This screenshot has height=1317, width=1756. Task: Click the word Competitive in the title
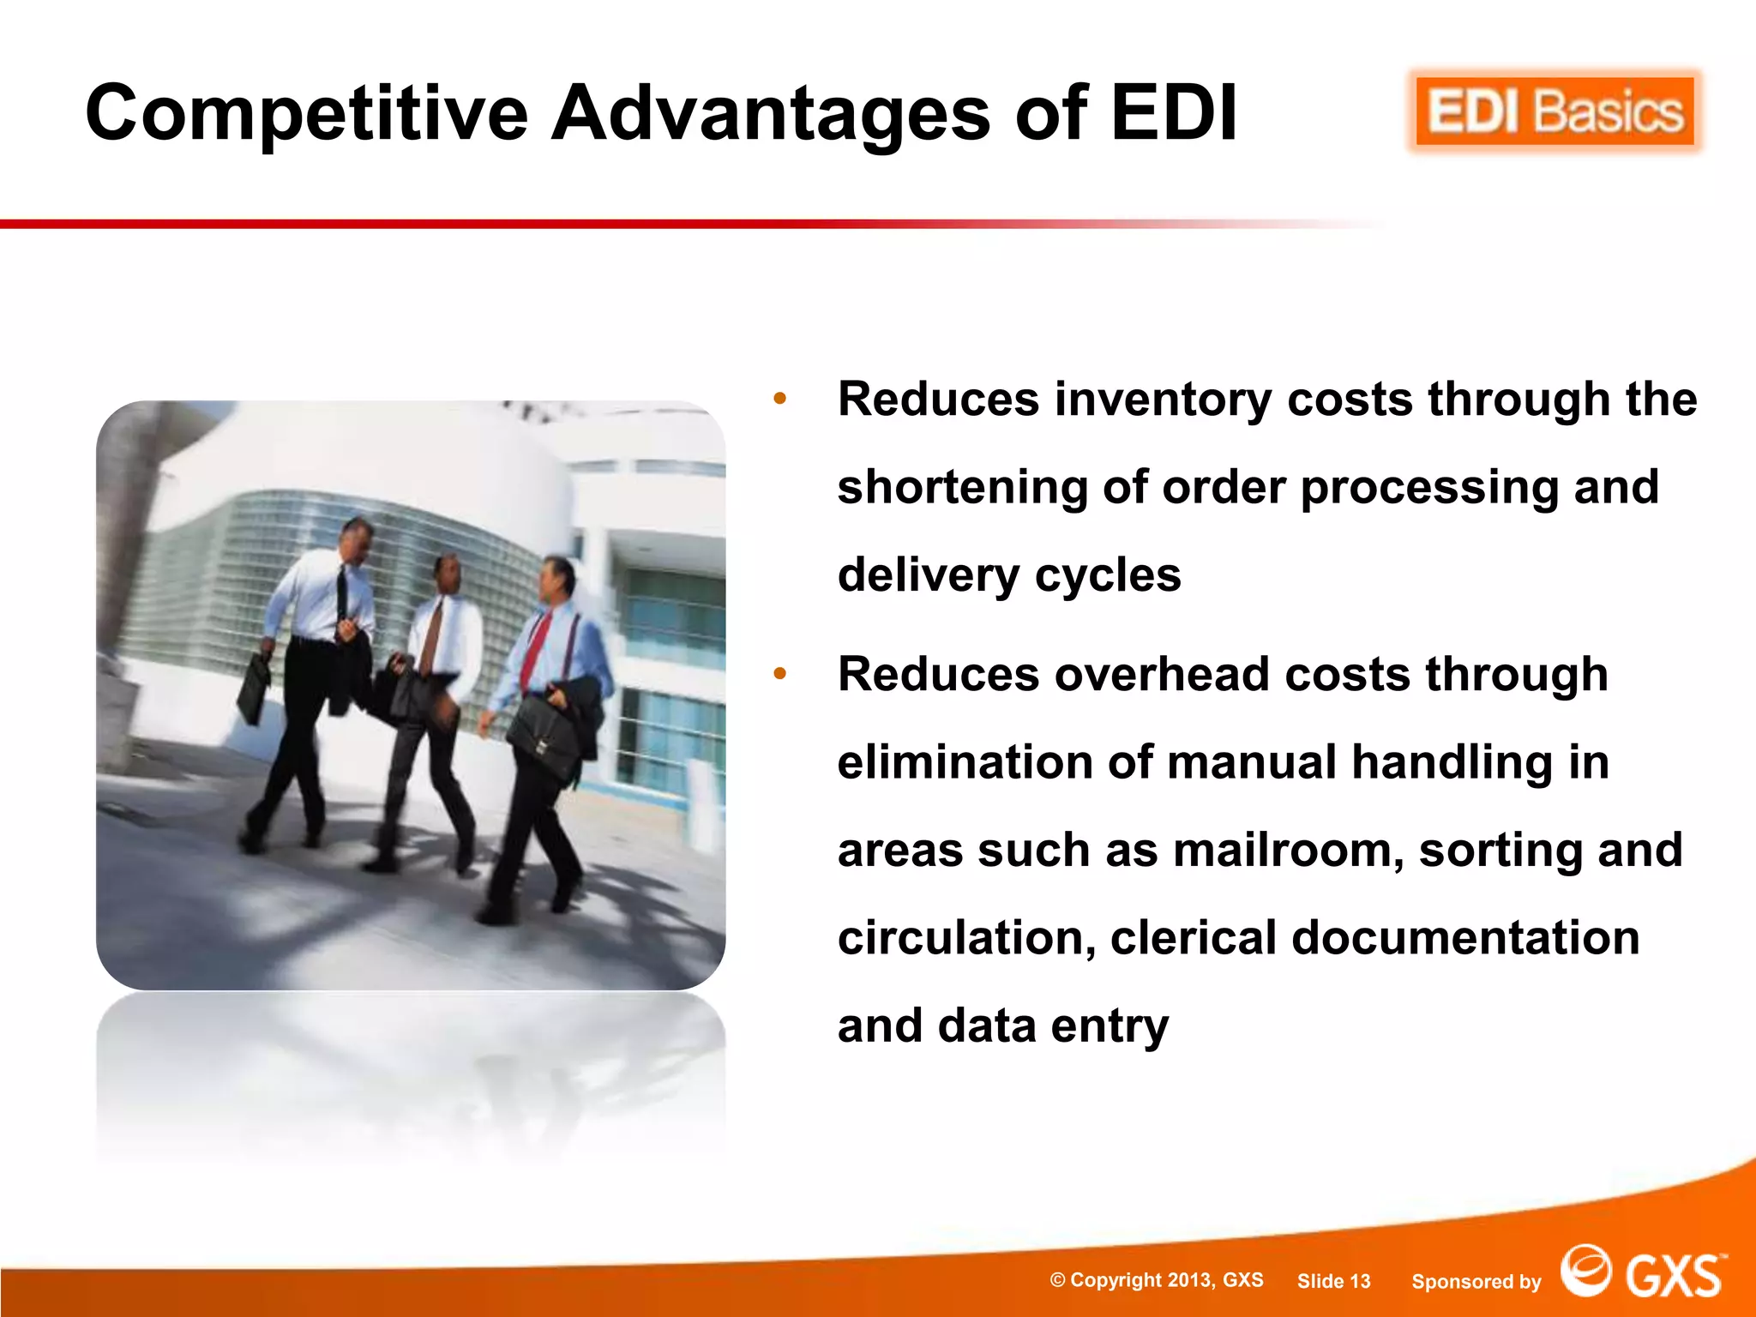(x=306, y=113)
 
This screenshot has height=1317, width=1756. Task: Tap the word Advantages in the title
(x=770, y=113)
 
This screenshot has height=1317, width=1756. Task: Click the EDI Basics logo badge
(x=1555, y=112)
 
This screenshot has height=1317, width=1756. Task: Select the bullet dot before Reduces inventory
(x=779, y=399)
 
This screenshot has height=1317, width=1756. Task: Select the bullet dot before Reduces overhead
(x=779, y=674)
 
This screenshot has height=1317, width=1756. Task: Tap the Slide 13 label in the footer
(x=1333, y=1281)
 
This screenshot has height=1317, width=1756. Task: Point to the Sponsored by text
(x=1476, y=1282)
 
